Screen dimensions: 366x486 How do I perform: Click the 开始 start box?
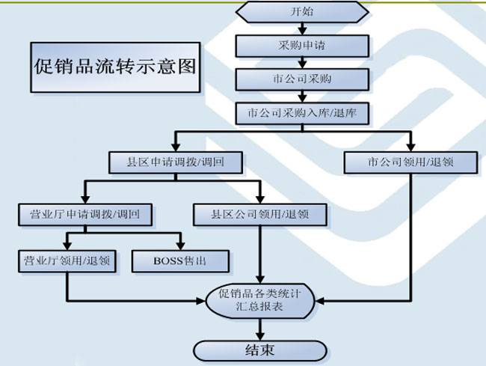(302, 13)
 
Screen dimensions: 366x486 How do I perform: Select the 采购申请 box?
(302, 46)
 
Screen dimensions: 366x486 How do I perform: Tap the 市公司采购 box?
(302, 79)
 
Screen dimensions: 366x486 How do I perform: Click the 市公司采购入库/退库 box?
(302, 113)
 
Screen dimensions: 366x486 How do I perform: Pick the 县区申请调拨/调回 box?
(177, 162)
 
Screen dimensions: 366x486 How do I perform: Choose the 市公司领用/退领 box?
(411, 162)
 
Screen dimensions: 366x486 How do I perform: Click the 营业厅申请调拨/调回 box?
(85, 215)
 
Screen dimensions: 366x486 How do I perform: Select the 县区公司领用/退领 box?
(260, 215)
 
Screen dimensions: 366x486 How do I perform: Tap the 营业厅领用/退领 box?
(67, 261)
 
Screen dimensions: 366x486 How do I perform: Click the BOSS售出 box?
(179, 261)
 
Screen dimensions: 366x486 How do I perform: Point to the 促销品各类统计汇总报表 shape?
(259, 301)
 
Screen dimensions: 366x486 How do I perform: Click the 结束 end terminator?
(259, 350)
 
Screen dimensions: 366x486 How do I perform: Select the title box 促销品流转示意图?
(115, 67)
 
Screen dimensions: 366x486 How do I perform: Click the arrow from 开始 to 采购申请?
(302, 29)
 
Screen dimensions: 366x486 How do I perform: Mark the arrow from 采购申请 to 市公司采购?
(302, 63)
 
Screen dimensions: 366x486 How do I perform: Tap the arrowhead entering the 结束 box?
(259, 335)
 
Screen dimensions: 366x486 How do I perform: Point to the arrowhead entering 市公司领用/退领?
(411, 147)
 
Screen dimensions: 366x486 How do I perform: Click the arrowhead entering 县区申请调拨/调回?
(177, 147)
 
